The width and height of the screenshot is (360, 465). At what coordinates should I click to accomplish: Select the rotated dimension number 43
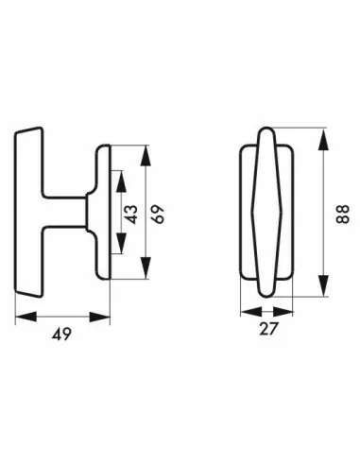(x=133, y=214)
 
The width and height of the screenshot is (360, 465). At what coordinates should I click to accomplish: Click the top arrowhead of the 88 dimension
(x=323, y=132)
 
